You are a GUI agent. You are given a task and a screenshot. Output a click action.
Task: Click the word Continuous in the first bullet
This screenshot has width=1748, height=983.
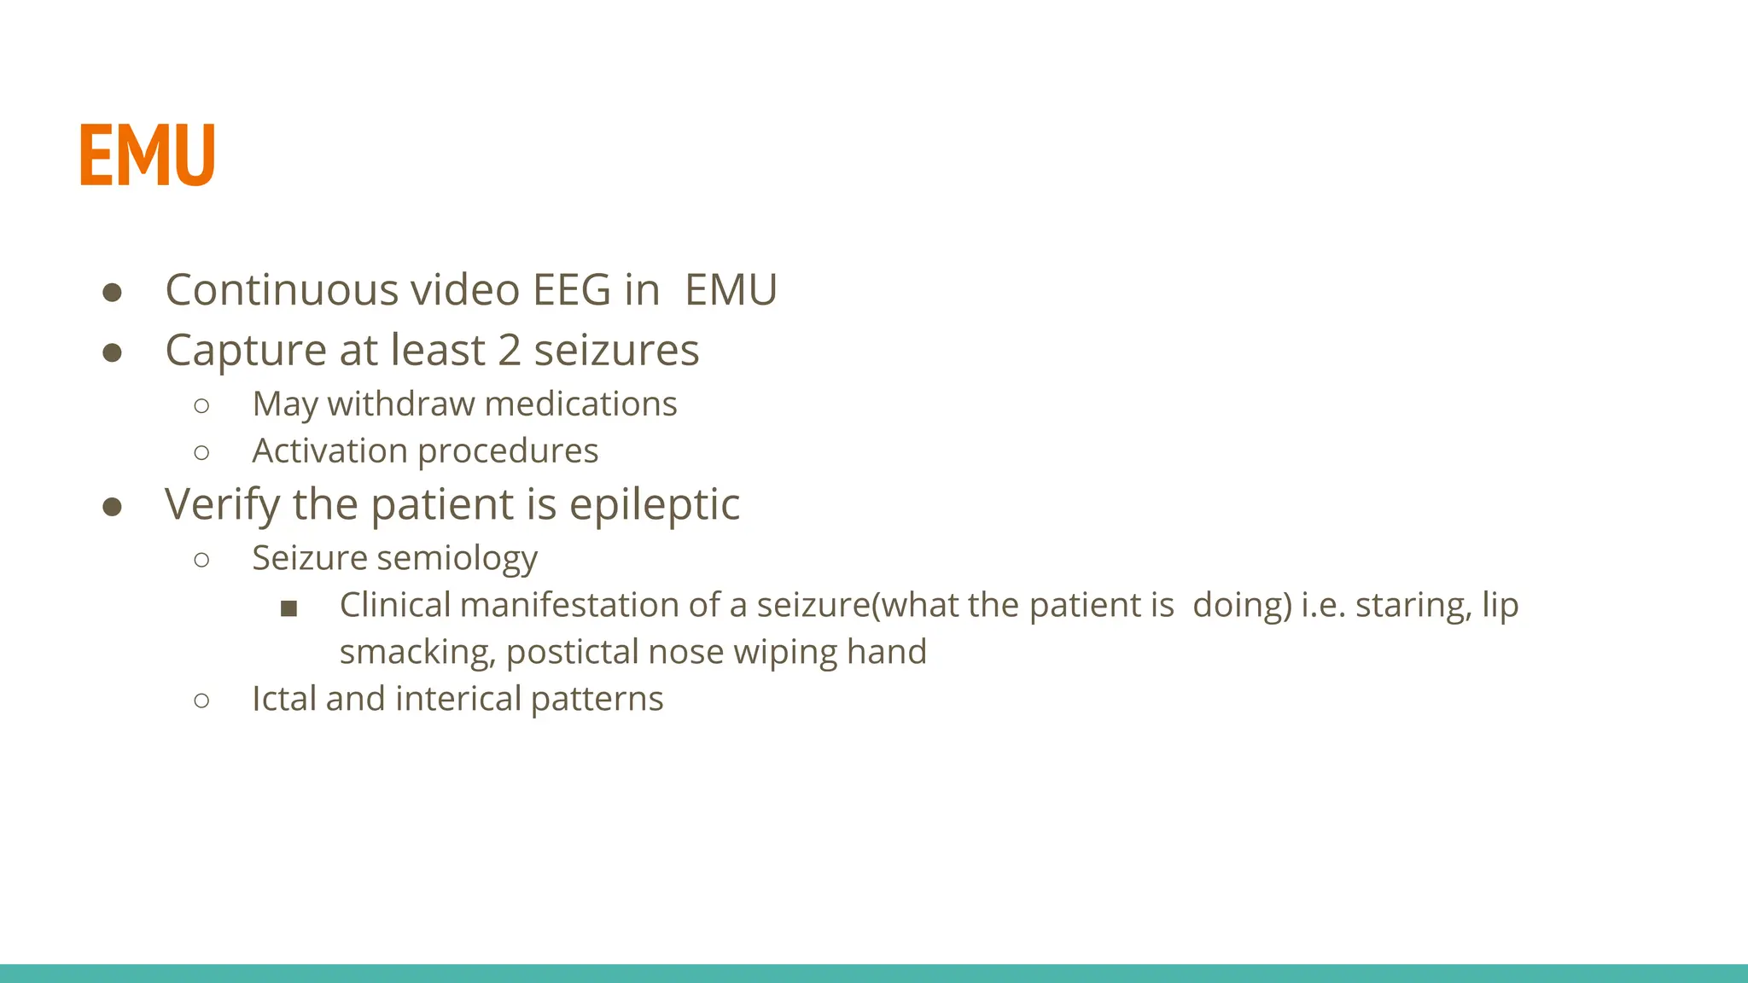(x=281, y=290)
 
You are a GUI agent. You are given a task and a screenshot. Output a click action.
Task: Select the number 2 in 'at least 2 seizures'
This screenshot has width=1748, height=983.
(x=509, y=351)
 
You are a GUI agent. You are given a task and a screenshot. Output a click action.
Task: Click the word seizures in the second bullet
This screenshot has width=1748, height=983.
(x=616, y=351)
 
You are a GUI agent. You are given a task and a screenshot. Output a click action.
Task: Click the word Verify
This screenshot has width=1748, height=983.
(x=222, y=505)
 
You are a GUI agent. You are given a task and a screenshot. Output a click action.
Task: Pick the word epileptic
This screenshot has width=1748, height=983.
(x=654, y=505)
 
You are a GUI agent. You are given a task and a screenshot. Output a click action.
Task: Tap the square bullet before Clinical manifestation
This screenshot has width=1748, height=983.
(x=288, y=608)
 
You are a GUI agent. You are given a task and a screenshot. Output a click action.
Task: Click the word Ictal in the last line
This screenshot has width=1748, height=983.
(x=284, y=699)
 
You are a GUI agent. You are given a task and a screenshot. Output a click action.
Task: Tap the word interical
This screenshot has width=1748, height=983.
(x=458, y=699)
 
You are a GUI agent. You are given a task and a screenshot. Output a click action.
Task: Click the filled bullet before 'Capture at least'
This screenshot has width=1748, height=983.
(x=112, y=352)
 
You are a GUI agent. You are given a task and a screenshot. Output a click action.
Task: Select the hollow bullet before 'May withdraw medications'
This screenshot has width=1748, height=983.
(x=201, y=406)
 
